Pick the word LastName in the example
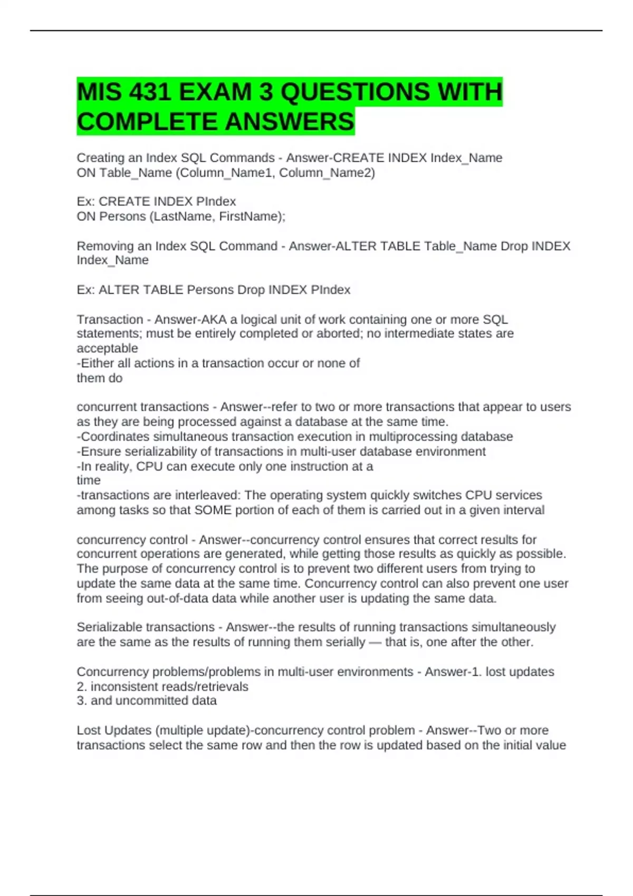[x=182, y=217]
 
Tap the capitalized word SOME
[x=213, y=510]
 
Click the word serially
[x=346, y=642]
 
